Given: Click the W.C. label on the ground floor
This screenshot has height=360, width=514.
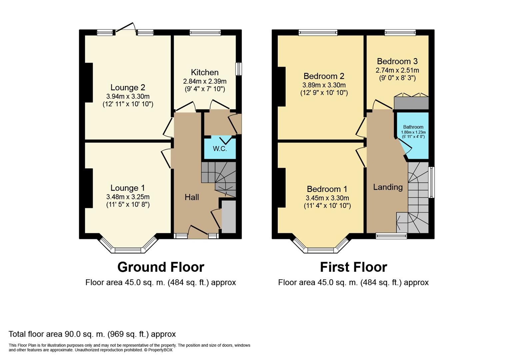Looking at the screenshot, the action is (x=220, y=149).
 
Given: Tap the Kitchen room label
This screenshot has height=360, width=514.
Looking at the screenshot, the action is (x=205, y=72).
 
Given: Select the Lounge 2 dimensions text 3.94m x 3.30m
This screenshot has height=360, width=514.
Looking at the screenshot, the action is (x=128, y=96).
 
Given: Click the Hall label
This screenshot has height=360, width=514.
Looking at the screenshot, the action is (x=192, y=197).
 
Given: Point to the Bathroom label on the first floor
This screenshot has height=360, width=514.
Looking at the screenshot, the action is (x=413, y=127).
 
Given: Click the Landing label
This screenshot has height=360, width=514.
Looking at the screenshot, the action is (x=388, y=187).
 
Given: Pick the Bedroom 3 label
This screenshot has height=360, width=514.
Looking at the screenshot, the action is (x=397, y=61).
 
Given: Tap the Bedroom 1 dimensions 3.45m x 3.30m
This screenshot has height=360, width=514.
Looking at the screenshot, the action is (x=327, y=198).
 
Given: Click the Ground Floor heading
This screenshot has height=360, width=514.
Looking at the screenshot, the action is (x=161, y=267).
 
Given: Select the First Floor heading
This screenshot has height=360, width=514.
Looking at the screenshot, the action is (x=354, y=267).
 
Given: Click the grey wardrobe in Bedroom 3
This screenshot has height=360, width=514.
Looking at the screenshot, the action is (x=411, y=103).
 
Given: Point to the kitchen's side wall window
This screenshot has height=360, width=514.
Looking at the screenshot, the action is (x=239, y=69).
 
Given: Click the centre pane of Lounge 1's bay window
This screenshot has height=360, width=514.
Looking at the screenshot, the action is (x=128, y=250).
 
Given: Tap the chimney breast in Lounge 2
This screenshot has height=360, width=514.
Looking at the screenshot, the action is (x=89, y=83).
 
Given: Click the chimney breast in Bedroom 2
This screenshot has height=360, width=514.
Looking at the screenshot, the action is (x=282, y=87).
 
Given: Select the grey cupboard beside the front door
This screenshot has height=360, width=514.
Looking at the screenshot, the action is (x=229, y=217).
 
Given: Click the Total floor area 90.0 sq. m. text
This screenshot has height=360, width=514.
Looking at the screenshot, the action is (x=92, y=334).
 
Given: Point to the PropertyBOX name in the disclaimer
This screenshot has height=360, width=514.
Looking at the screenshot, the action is (x=160, y=350).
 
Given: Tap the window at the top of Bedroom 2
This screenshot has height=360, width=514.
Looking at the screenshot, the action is (x=318, y=33).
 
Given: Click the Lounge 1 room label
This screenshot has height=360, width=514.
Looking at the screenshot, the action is (x=128, y=188).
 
